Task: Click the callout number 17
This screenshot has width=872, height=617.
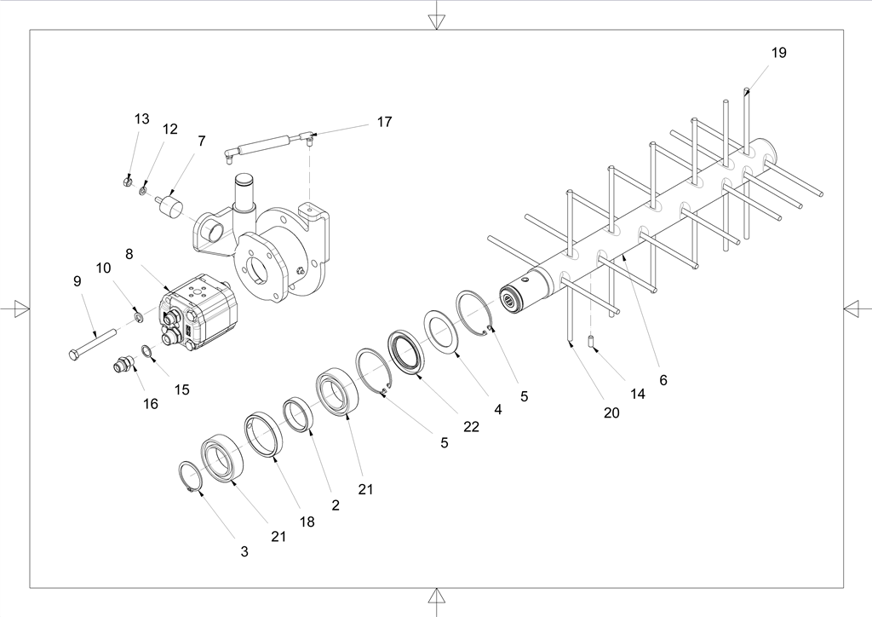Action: pyautogui.click(x=384, y=122)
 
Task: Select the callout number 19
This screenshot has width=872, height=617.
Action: pyautogui.click(x=778, y=53)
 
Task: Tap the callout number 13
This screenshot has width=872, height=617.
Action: pyautogui.click(x=141, y=118)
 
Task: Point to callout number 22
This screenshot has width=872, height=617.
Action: pyautogui.click(x=471, y=426)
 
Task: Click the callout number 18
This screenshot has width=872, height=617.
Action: pyautogui.click(x=307, y=522)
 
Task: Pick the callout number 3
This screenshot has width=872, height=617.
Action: pyautogui.click(x=244, y=551)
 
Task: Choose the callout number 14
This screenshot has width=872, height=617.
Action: pyautogui.click(x=638, y=395)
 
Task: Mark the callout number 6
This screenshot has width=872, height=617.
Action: pyautogui.click(x=663, y=380)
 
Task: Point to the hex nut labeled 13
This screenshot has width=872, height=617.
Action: pyautogui.click(x=126, y=182)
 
